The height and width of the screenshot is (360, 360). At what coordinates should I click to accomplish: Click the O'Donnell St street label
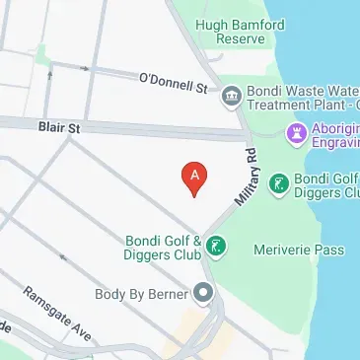(174, 82)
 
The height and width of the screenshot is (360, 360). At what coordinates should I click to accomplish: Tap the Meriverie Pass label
(299, 250)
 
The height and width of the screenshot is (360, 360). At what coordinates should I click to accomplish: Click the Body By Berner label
(140, 293)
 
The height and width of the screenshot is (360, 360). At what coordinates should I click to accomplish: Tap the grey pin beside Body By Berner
(204, 293)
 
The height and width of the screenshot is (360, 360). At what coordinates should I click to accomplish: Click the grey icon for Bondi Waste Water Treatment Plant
(232, 94)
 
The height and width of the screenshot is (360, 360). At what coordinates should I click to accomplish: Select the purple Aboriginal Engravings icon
(296, 132)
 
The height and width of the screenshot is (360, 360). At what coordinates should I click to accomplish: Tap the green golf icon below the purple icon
(279, 182)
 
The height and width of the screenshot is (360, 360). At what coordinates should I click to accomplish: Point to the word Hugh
(212, 25)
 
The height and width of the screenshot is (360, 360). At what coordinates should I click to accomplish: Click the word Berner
(170, 293)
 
